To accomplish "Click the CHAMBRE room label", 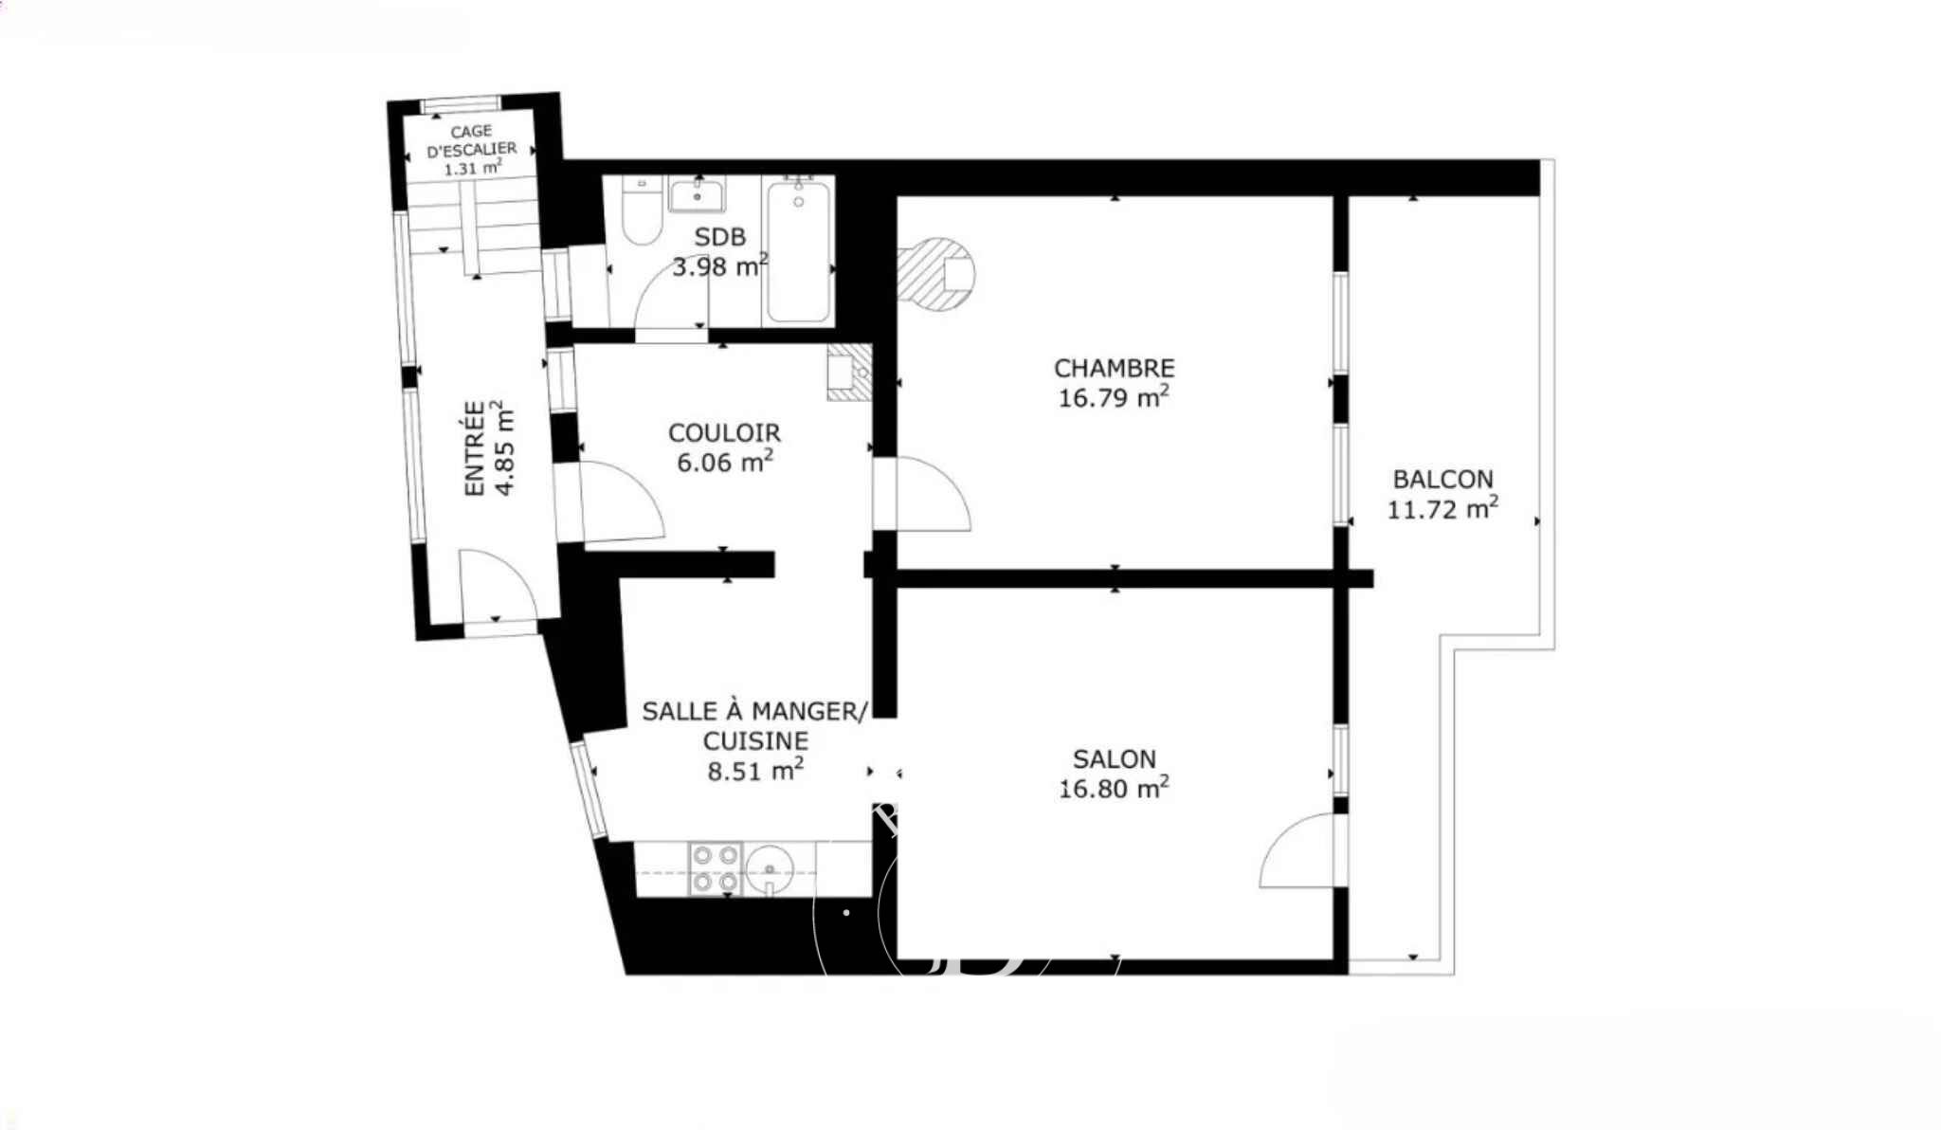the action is point(1114,368).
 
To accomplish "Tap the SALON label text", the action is point(1114,759).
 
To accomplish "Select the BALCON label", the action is point(1442,480).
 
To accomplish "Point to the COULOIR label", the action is point(724,433).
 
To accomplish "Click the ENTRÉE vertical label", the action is point(474,447).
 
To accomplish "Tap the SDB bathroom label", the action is point(719,237).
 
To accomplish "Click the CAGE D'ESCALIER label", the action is point(471,140).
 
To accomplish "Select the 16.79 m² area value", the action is point(1114,396).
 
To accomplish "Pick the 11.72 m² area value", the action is point(1442,508).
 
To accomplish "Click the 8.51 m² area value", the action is point(755,769).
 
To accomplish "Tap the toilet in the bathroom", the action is point(642,210).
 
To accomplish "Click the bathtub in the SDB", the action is point(799,251).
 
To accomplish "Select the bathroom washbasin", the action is point(697,194).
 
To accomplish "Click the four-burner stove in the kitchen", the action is point(715,869).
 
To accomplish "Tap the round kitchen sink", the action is point(770,869).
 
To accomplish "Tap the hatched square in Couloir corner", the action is point(849,372).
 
